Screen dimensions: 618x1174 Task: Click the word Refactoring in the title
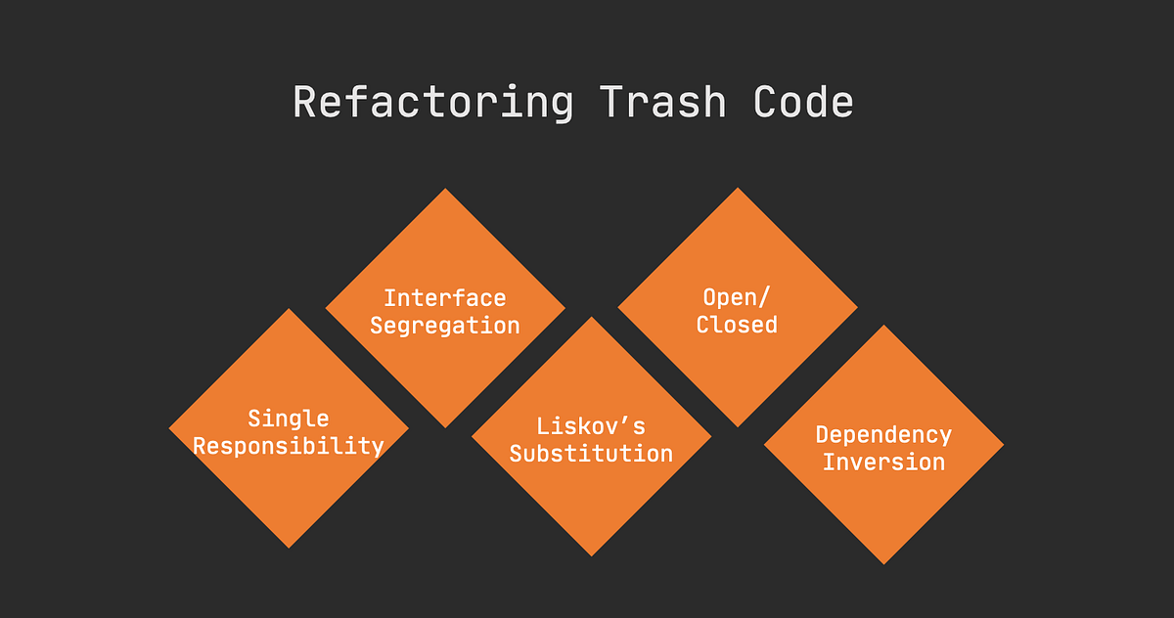click(432, 103)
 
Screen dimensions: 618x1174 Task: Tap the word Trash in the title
click(662, 103)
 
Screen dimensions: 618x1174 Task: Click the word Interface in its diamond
click(444, 297)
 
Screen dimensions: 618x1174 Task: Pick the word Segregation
click(444, 325)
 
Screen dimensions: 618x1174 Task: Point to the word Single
click(289, 419)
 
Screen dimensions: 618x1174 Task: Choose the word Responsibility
click(289, 446)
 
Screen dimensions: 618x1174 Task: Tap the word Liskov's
click(591, 426)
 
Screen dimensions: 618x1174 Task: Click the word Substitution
click(591, 454)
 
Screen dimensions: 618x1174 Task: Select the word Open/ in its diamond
click(737, 296)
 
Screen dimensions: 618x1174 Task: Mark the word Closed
click(737, 324)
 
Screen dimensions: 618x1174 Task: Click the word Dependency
click(883, 434)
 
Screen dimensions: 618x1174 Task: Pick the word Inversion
click(883, 462)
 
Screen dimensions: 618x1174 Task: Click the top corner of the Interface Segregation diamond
click(445, 191)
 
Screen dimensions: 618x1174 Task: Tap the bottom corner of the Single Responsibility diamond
click(289, 546)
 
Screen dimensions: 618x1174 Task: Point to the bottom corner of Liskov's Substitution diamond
click(591, 553)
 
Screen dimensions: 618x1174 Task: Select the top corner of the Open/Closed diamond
click(738, 190)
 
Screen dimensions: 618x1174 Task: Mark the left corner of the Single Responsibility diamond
click(171, 428)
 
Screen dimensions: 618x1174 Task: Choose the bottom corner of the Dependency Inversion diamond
click(883, 561)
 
